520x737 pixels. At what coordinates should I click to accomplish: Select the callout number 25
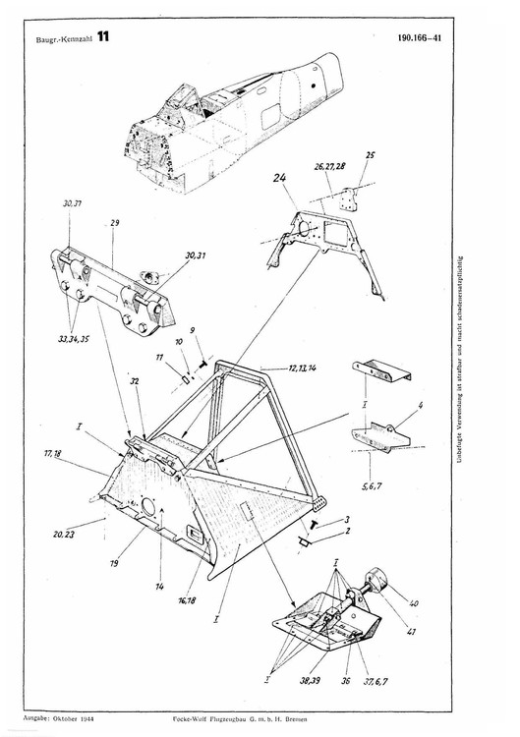point(371,155)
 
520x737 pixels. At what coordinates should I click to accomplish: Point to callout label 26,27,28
point(328,167)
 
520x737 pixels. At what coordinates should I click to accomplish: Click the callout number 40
point(413,602)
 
